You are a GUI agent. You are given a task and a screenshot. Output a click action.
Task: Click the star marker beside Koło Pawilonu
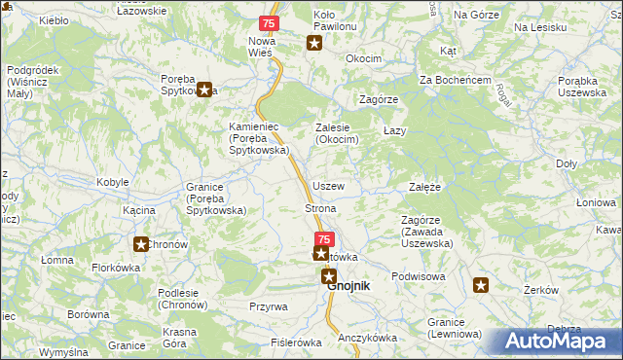(x=314, y=42)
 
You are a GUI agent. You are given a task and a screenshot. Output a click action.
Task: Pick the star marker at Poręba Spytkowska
(x=204, y=90)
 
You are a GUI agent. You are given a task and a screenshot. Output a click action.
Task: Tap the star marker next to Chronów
(x=141, y=245)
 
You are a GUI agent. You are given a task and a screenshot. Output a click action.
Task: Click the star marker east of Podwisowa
(x=481, y=285)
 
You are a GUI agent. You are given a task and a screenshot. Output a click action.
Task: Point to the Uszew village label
(x=328, y=185)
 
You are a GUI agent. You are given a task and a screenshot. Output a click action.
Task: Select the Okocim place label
(x=363, y=58)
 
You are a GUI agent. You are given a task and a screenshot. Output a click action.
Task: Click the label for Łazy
(x=394, y=130)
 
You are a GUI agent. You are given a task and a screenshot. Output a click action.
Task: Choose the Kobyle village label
(x=113, y=183)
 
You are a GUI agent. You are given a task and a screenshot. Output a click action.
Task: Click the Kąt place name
(x=449, y=49)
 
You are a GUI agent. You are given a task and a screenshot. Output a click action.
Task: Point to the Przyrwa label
(x=268, y=306)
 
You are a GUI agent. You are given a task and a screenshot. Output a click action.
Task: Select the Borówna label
(x=89, y=314)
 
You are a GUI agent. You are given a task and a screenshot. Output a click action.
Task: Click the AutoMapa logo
(x=558, y=342)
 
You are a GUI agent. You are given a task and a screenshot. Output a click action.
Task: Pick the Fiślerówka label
(x=296, y=342)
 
